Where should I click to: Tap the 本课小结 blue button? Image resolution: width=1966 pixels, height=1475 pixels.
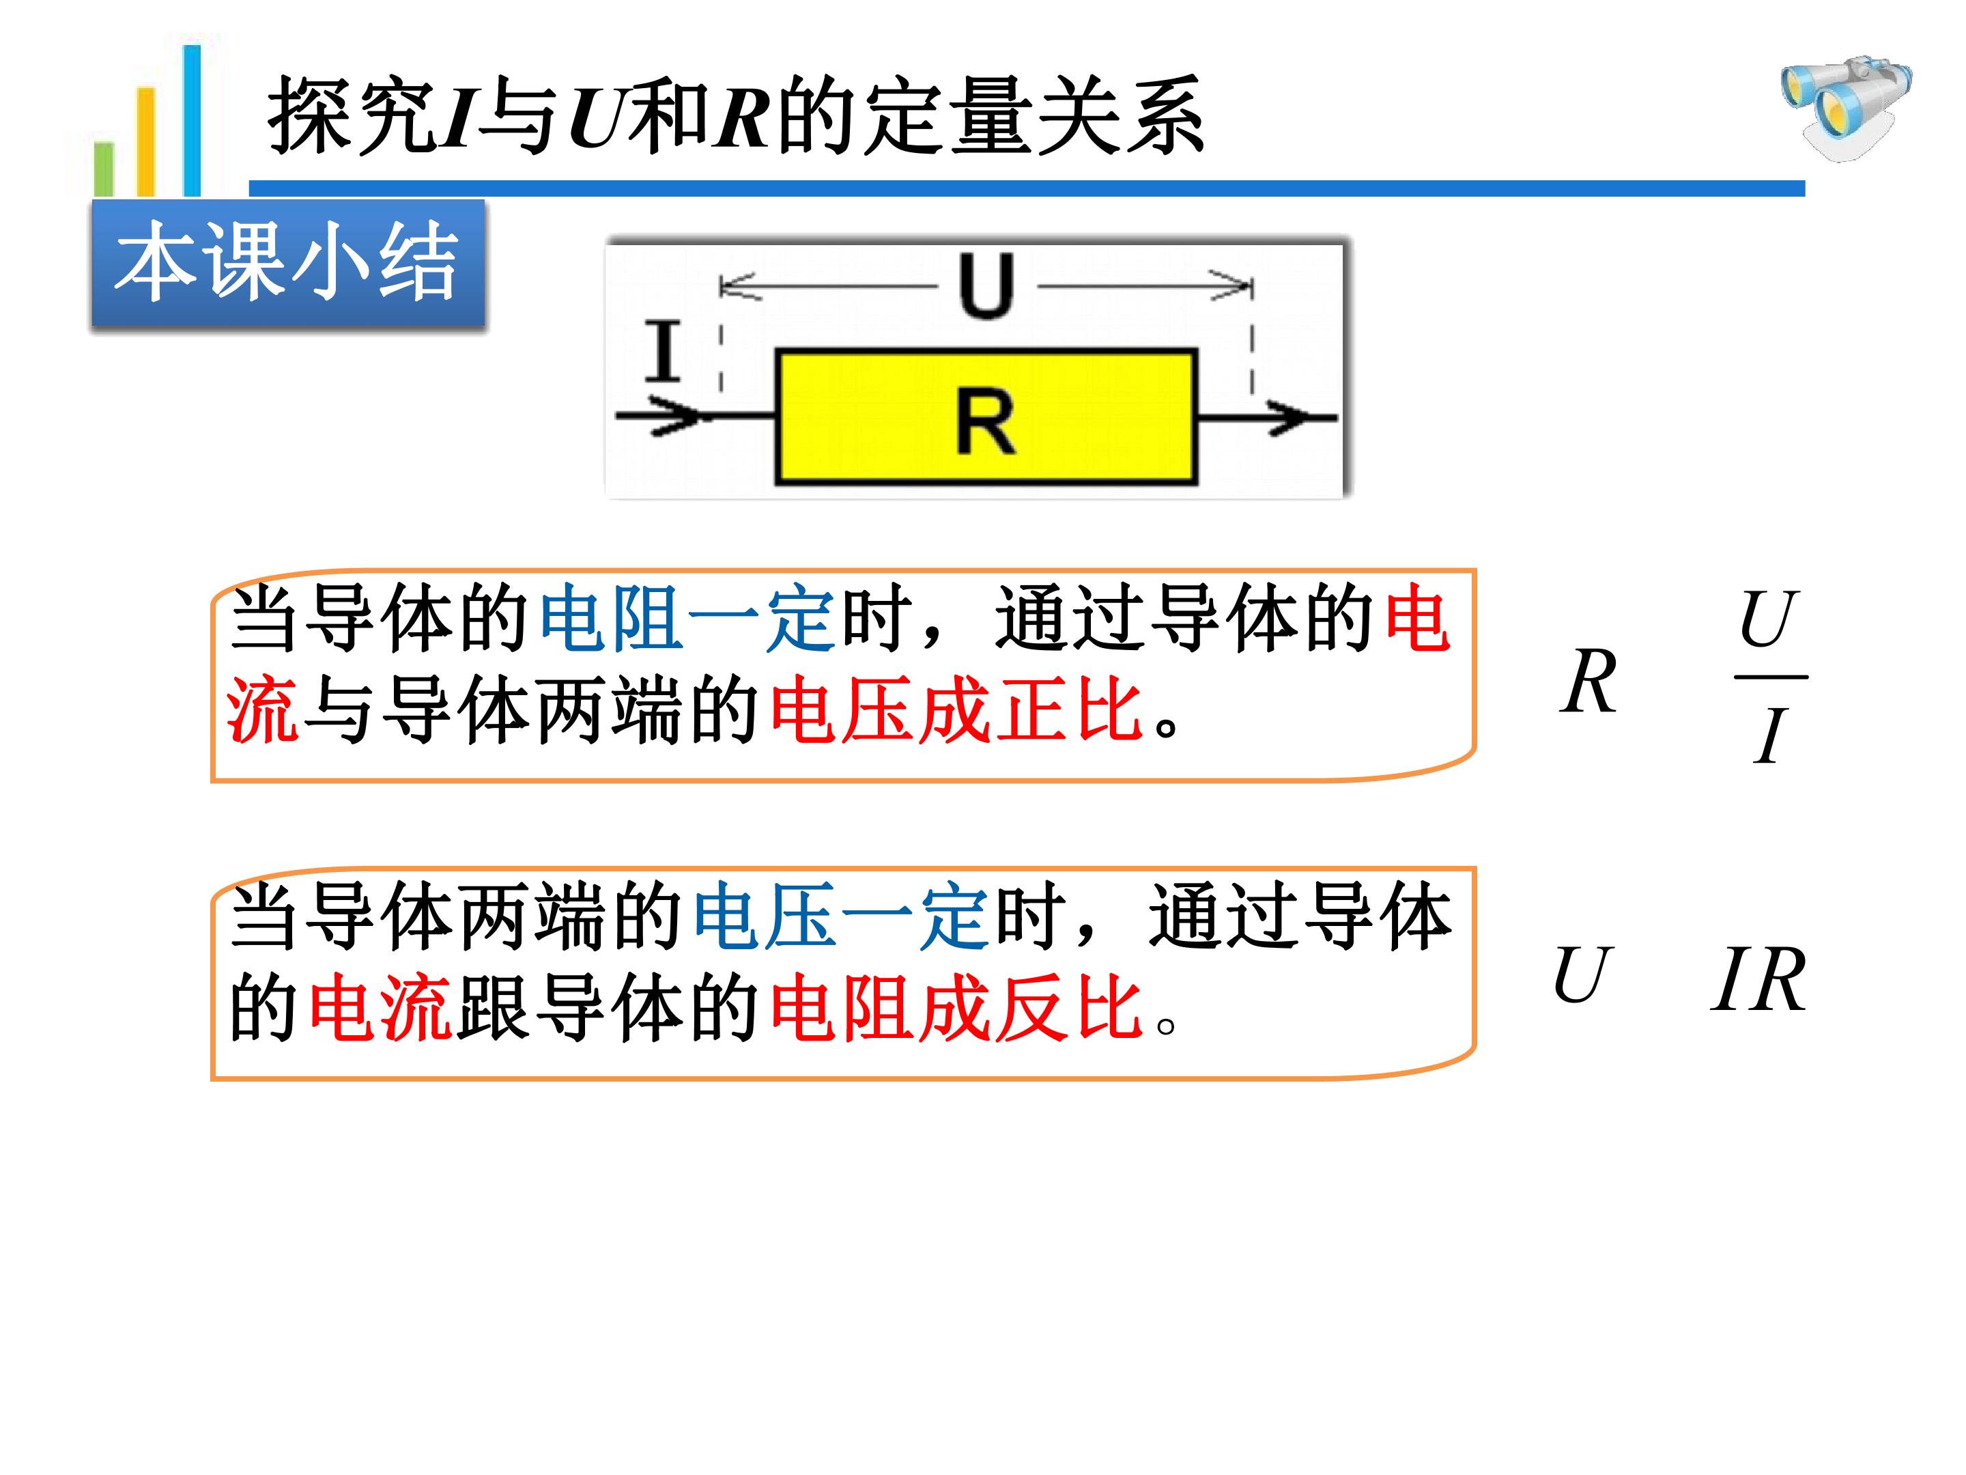click(x=288, y=265)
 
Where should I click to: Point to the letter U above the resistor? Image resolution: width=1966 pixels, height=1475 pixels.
click(x=986, y=285)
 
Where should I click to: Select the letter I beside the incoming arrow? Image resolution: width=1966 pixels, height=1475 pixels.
click(x=663, y=350)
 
